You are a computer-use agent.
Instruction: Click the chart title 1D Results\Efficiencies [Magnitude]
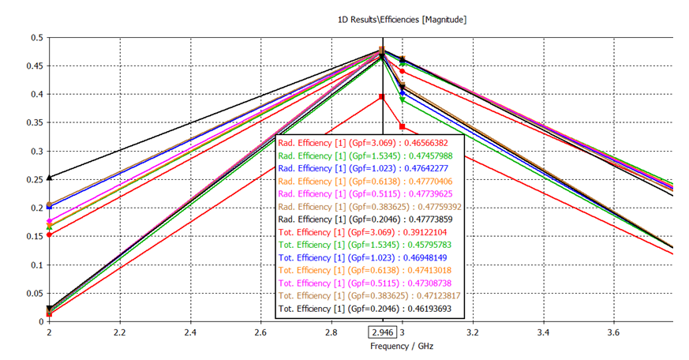tap(401, 19)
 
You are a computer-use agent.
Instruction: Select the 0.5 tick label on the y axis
tap(37, 38)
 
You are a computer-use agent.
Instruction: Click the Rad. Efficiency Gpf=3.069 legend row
tap(369, 142)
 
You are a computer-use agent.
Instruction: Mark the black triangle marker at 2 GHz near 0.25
tap(49, 178)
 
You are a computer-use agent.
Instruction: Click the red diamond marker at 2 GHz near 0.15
tap(49, 234)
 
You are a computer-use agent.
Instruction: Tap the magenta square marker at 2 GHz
tap(49, 221)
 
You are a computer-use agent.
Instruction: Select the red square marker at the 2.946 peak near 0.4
tap(382, 97)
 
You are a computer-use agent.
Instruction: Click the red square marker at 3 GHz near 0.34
tap(403, 126)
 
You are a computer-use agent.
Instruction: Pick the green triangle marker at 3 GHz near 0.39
tap(403, 99)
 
